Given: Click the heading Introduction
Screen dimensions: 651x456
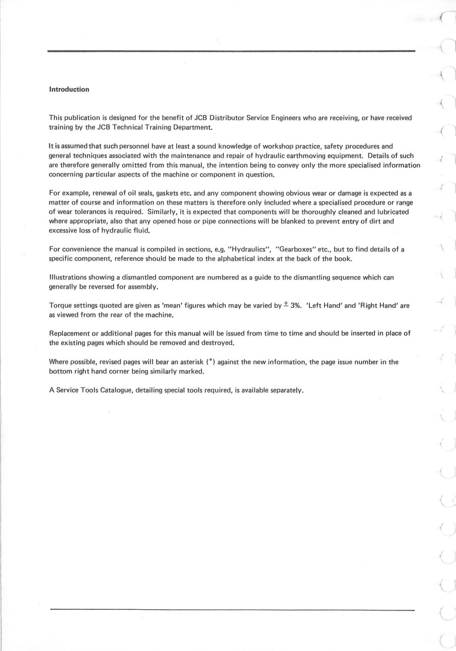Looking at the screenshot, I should [x=69, y=89].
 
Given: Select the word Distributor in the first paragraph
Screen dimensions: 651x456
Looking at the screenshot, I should [x=232, y=118].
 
